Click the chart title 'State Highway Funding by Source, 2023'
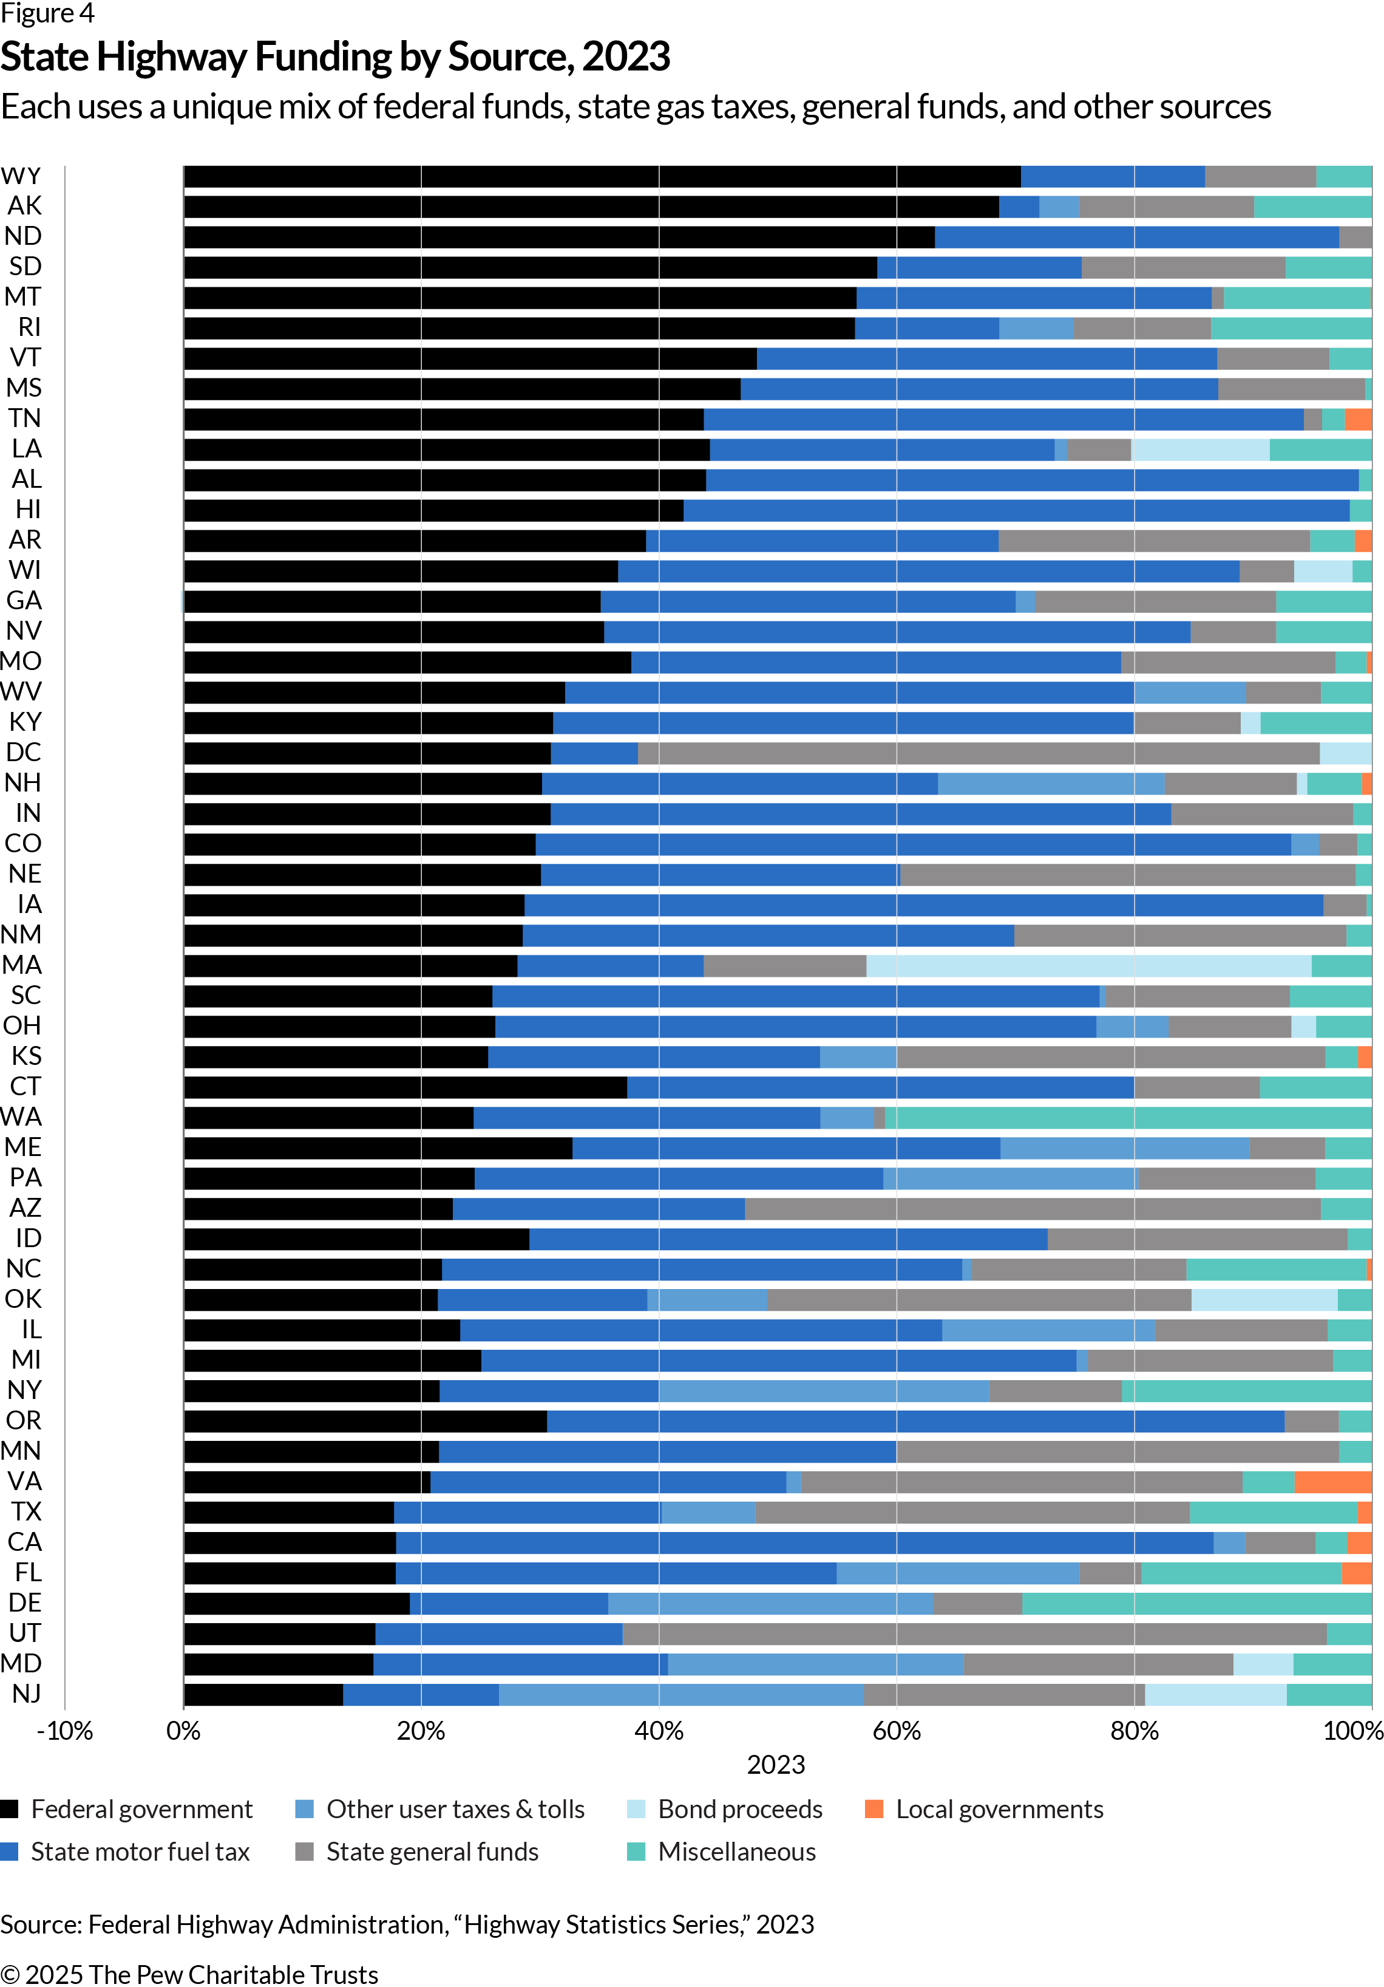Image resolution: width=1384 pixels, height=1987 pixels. click(336, 57)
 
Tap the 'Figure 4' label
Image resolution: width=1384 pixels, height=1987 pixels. click(47, 14)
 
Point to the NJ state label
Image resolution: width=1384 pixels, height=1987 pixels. click(26, 1694)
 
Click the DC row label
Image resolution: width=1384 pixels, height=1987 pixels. click(23, 753)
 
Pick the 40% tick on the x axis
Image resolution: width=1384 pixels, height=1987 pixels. click(659, 1731)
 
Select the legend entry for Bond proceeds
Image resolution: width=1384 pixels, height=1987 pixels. click(739, 1810)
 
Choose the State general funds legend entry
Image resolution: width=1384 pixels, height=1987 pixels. click(432, 1852)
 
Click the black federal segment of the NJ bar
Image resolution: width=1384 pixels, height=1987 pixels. click(264, 1694)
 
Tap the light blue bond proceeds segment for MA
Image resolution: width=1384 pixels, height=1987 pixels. click(1088, 966)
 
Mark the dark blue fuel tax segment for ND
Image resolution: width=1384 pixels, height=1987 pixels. click(1136, 237)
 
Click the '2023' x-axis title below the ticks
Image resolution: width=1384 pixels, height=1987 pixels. click(776, 1765)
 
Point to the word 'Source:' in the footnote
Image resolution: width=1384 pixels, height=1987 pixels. click(41, 1924)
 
